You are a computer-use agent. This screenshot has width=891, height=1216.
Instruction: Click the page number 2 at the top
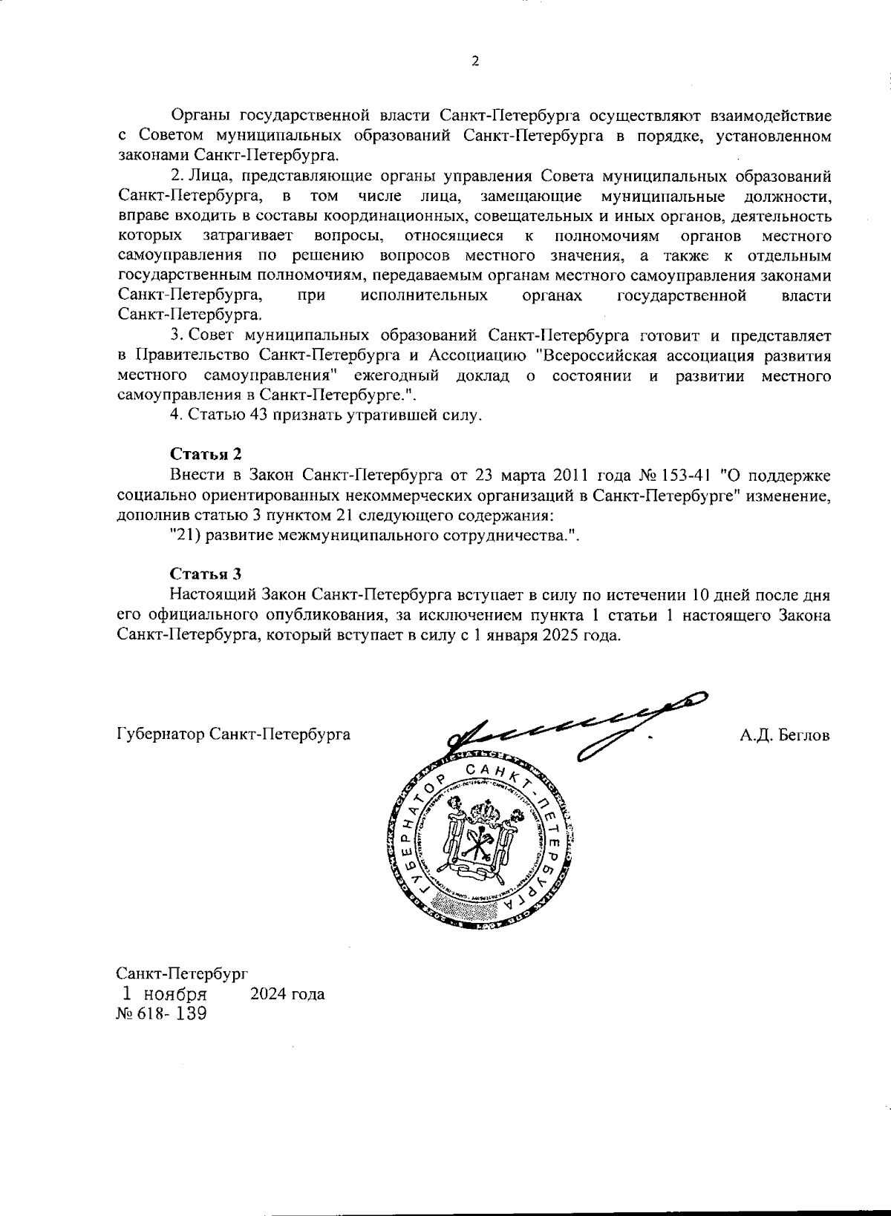[475, 62]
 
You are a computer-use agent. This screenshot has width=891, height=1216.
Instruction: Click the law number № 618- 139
[161, 1014]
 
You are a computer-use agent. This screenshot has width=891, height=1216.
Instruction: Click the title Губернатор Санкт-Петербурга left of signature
[233, 735]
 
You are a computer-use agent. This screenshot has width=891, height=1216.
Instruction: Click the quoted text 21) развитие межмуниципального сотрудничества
[373, 536]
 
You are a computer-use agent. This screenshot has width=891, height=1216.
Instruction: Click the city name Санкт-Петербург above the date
[181, 973]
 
